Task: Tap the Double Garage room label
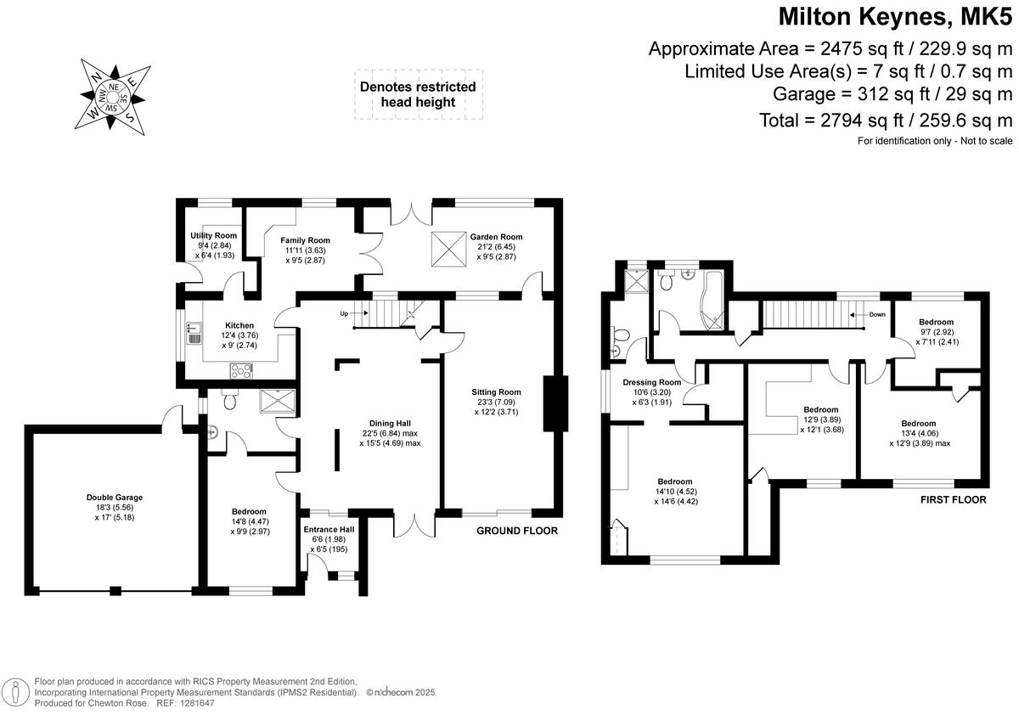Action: pos(114,498)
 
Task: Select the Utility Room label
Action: pos(212,235)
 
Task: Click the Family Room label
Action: pos(306,240)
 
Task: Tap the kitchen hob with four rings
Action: pos(240,369)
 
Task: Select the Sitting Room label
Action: pos(497,392)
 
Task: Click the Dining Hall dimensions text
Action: pos(390,437)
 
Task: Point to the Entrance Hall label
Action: pos(329,529)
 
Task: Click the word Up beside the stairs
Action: pos(344,313)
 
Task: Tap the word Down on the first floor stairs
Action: pos(875,313)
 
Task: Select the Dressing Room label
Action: pos(652,382)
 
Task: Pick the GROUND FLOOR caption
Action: pos(516,531)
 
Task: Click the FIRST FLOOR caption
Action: pos(954,500)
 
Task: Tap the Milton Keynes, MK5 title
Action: pos(896,16)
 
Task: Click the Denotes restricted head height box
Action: pos(418,94)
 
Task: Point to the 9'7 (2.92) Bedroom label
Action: pos(936,322)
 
